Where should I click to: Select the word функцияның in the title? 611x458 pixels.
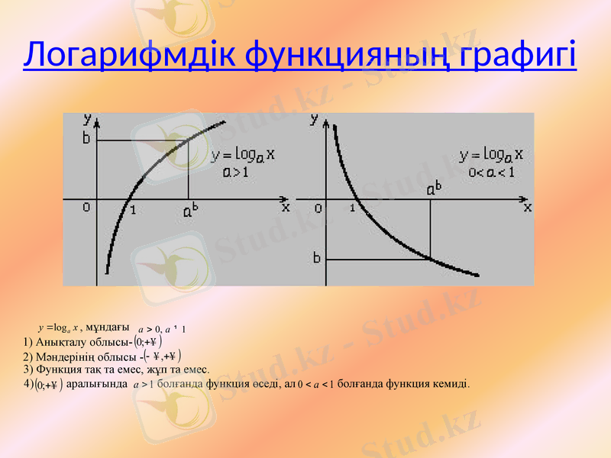352,54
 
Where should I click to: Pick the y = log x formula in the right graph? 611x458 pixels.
494,155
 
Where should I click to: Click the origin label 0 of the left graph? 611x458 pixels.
86,207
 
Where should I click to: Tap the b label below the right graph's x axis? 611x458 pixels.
316,258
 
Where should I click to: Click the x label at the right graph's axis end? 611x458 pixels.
526,206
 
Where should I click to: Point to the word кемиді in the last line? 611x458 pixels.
451,384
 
